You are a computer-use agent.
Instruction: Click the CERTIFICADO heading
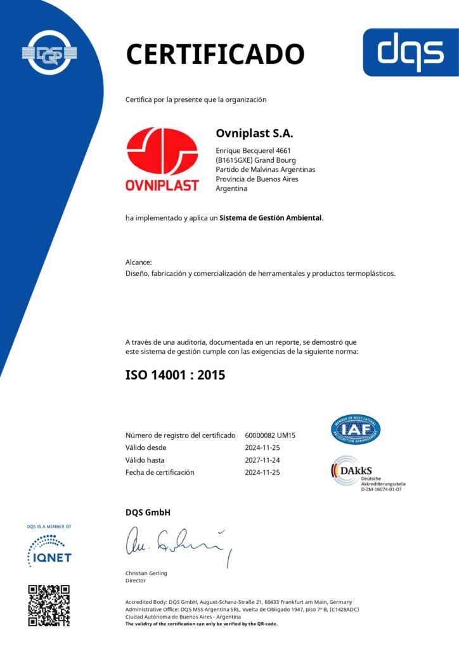[x=215, y=53]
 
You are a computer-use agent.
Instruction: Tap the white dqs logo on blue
[x=410, y=52]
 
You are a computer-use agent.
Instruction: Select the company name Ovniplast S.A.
[x=254, y=134]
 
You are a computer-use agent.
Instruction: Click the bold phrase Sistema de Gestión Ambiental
[x=271, y=218]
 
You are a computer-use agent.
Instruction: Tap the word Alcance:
[x=139, y=262]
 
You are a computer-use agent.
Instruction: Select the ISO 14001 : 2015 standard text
[x=175, y=375]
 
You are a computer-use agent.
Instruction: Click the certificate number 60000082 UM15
[x=270, y=435]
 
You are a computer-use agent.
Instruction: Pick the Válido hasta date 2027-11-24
[x=262, y=460]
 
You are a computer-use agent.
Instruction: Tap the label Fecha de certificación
[x=160, y=472]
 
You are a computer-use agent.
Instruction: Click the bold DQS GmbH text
[x=148, y=513]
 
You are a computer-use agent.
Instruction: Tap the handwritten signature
[x=178, y=543]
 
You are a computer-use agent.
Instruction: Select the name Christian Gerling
[x=146, y=573]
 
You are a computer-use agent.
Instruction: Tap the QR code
[x=49, y=606]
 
